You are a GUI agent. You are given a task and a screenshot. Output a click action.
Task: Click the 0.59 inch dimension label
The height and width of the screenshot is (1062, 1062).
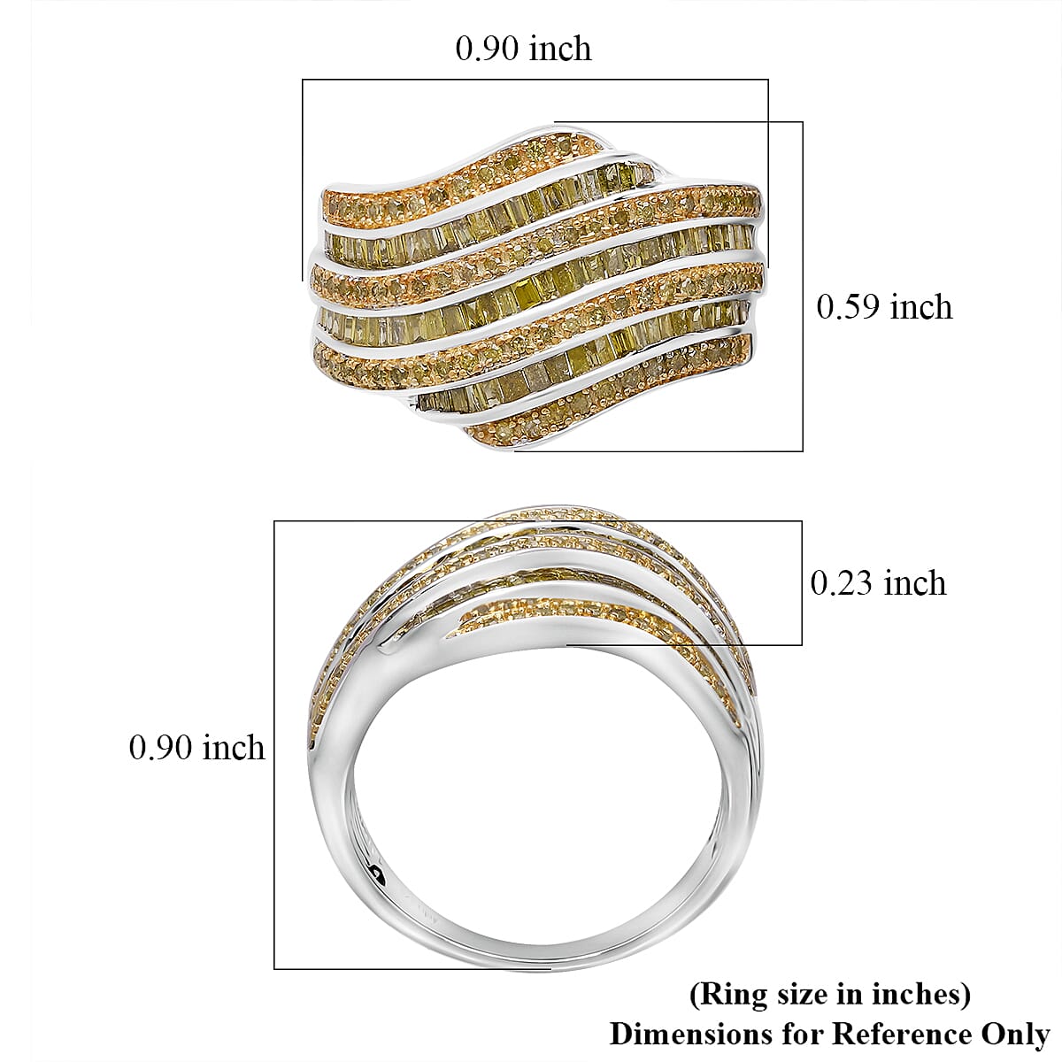[x=884, y=307]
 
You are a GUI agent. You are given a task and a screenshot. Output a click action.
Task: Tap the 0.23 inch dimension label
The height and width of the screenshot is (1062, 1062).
[x=878, y=583]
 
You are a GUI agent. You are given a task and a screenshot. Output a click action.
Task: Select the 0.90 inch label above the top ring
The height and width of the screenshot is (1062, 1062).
[x=523, y=48]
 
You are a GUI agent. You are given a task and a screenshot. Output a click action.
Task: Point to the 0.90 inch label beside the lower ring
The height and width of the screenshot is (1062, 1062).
[x=196, y=748]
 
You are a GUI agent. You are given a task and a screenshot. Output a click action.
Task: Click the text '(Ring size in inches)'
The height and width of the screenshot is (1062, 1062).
[x=829, y=995]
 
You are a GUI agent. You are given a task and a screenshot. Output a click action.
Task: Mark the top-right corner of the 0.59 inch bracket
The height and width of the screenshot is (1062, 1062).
[x=803, y=122]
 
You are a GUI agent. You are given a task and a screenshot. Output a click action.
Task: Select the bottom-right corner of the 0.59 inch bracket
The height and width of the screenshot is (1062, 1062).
[x=803, y=450]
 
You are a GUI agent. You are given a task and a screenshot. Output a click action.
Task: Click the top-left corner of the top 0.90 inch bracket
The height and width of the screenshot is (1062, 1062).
[x=303, y=81]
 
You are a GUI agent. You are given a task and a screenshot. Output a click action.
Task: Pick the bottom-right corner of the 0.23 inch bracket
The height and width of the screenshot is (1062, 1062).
[x=802, y=645]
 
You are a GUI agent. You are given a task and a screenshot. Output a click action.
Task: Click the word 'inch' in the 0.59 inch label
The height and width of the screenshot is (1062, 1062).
[x=921, y=307]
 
